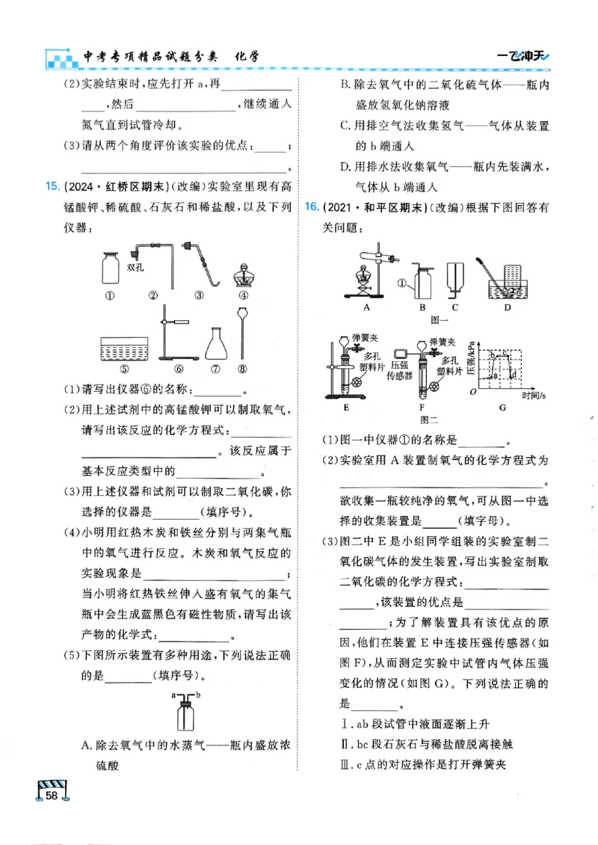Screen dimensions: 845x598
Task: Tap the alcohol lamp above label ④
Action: click(244, 275)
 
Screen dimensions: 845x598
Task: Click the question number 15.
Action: click(52, 185)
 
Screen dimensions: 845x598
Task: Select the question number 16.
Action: click(313, 206)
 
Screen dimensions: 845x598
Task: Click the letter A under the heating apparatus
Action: click(368, 307)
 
